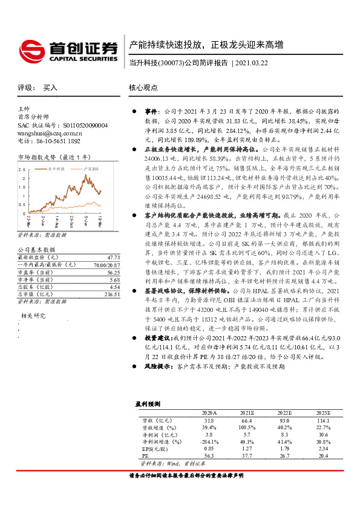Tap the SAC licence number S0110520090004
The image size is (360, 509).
click(x=63, y=125)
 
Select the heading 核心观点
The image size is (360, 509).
click(x=143, y=87)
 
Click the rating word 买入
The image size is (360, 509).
click(x=50, y=88)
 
